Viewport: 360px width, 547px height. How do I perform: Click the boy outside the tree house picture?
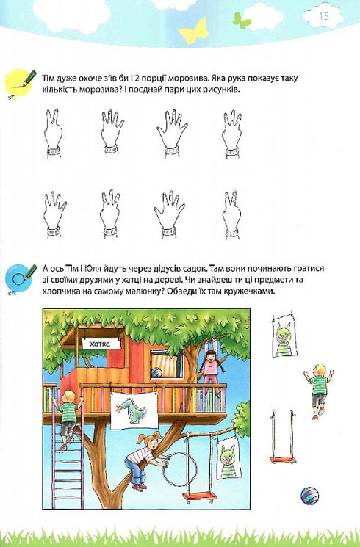319,388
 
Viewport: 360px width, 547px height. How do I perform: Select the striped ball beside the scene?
309,496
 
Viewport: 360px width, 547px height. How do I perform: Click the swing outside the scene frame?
283,438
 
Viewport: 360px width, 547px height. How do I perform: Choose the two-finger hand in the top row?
52,132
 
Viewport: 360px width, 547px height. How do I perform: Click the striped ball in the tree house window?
156,372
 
